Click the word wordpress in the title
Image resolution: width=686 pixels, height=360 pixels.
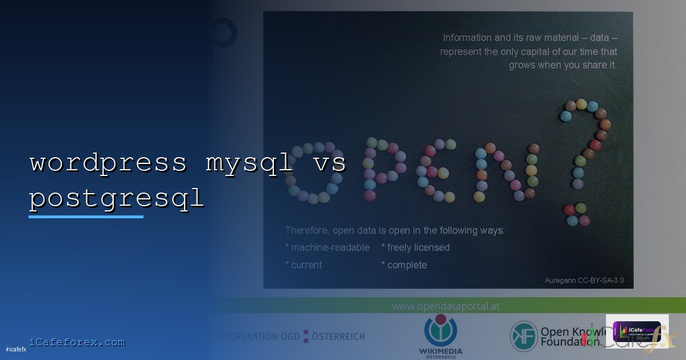click(108, 163)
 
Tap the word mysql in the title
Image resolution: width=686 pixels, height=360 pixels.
click(250, 163)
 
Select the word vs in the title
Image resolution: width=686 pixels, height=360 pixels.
click(329, 163)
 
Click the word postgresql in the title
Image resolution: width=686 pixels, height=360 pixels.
click(116, 198)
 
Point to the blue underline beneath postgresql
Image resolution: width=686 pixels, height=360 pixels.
click(86, 217)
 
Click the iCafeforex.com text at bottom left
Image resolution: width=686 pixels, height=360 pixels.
click(77, 342)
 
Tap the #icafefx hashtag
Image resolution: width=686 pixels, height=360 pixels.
click(16, 349)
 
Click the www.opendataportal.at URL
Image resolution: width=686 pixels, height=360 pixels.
click(445, 306)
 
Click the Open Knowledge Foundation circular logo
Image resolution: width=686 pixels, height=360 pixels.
click(524, 336)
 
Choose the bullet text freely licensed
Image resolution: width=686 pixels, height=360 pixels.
click(416, 247)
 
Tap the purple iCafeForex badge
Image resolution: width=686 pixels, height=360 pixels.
click(637, 331)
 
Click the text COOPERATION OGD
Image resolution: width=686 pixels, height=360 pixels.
click(258, 337)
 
